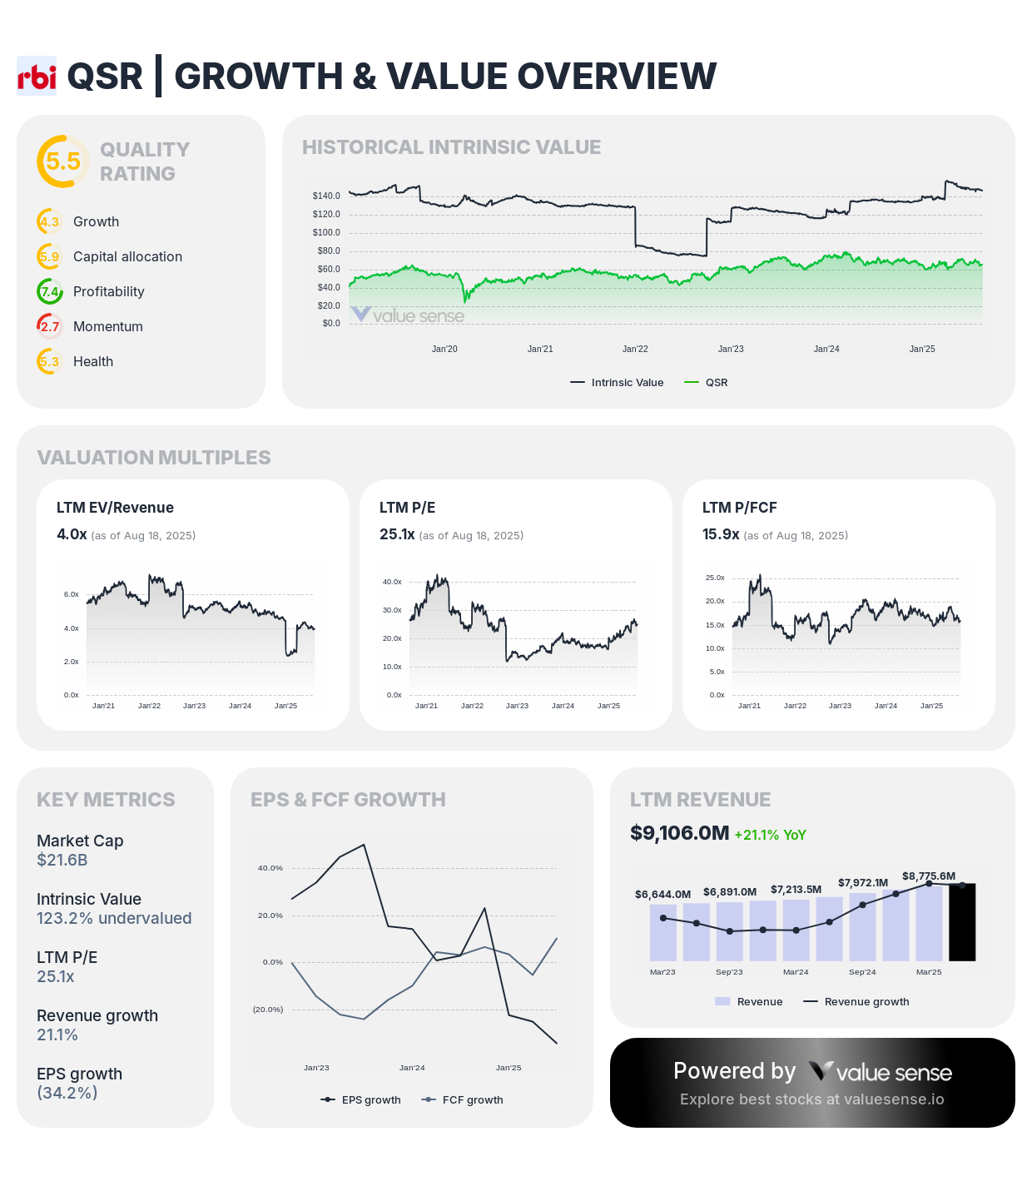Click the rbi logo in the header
(37, 76)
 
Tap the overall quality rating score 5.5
(62, 161)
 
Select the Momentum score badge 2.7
(50, 326)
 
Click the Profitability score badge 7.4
(50, 291)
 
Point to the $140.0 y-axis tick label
(326, 196)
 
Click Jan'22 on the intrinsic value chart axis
(635, 349)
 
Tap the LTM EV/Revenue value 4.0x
(72, 534)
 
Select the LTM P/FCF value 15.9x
(721, 534)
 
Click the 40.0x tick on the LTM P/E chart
(392, 582)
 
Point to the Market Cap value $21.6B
(62, 860)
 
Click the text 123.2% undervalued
(114, 918)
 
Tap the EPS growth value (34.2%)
(67, 1093)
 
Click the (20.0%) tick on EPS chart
(268, 1010)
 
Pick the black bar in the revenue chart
(962, 922)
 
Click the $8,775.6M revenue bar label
(929, 876)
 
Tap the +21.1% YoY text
(770, 835)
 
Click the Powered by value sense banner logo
(882, 1072)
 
